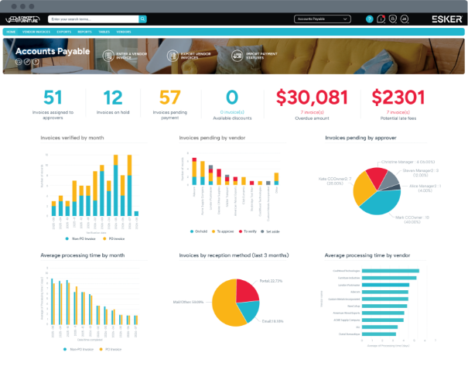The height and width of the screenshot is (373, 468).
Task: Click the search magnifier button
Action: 143,18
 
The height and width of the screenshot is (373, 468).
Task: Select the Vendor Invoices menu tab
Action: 36,32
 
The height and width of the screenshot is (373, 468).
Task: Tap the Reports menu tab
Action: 84,32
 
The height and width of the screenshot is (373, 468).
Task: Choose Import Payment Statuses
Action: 252,56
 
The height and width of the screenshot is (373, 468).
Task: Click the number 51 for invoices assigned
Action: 53,98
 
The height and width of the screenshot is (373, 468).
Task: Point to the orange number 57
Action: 169,98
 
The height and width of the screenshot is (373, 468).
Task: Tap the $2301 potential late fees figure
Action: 398,98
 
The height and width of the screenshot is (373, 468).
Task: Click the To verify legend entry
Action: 245,231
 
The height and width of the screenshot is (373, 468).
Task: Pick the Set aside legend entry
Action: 272,231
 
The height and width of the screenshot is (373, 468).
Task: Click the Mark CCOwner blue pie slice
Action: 372,201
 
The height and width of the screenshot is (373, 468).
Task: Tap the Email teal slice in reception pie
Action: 250,310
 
